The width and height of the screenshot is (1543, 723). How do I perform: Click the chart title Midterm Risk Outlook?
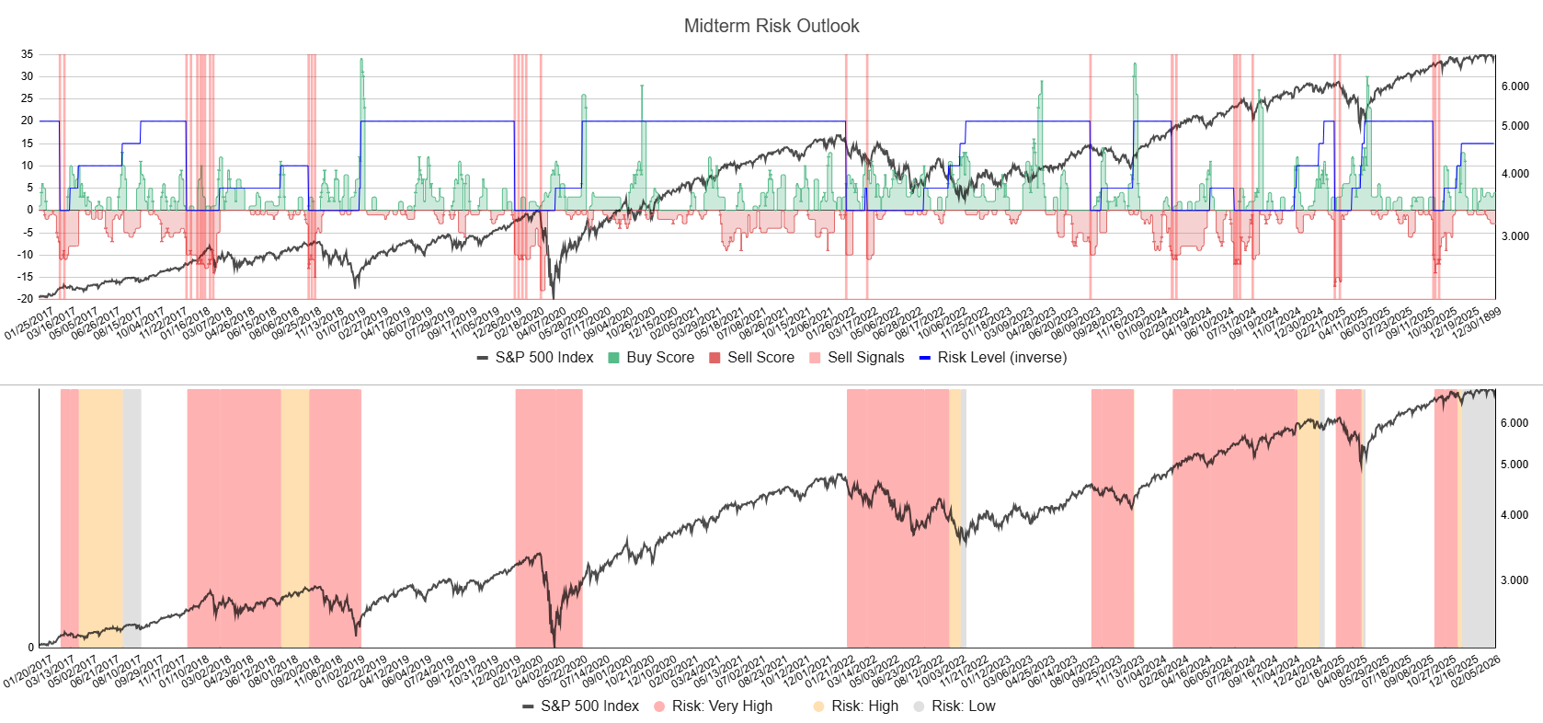click(x=771, y=26)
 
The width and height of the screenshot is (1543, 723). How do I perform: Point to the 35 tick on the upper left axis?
click(x=28, y=54)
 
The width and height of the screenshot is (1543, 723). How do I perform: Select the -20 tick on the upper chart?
click(x=26, y=299)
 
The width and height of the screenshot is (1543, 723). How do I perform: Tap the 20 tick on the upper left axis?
click(x=28, y=120)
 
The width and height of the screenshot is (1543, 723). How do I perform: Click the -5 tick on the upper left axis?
click(x=29, y=233)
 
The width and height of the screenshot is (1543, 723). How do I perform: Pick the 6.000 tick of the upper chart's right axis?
click(x=1515, y=86)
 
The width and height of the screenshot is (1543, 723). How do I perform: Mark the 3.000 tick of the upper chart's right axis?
click(x=1515, y=236)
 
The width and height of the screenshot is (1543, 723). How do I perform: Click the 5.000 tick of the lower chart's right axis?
click(x=1515, y=465)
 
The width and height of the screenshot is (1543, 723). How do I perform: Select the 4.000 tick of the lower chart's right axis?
click(x=1515, y=515)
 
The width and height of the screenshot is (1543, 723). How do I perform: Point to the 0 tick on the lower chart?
click(x=30, y=648)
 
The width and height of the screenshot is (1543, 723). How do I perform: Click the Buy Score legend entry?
click(x=659, y=358)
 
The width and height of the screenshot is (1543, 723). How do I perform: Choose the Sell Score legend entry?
click(x=760, y=358)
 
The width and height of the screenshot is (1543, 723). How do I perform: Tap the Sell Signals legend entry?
click(x=864, y=358)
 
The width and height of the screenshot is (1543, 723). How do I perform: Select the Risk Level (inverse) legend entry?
click(x=1001, y=358)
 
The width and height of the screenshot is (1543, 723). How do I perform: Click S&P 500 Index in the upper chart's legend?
click(x=543, y=358)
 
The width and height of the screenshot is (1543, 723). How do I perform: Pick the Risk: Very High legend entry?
click(x=721, y=706)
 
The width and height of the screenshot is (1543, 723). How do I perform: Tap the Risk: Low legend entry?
click(x=963, y=706)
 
